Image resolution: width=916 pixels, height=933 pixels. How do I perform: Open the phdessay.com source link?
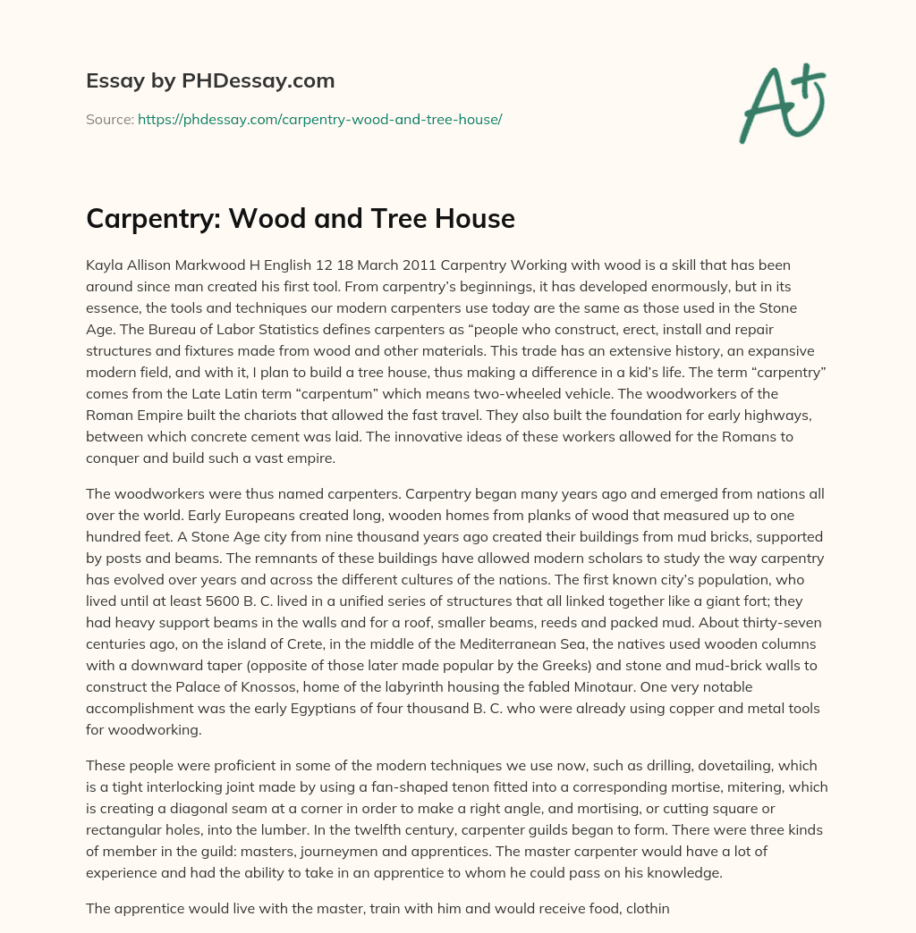319,119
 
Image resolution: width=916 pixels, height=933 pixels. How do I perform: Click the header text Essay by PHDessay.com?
210,81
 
